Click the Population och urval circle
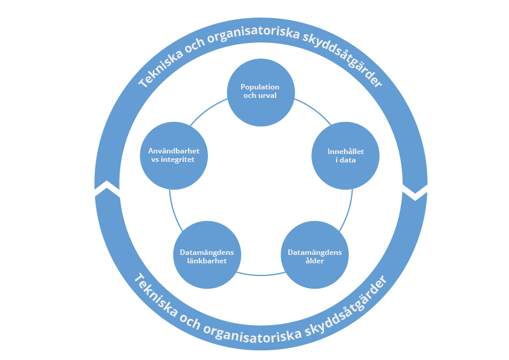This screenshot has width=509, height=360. [x=261, y=92]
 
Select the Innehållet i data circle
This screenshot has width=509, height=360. [x=345, y=155]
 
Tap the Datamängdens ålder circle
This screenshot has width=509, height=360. [x=314, y=256]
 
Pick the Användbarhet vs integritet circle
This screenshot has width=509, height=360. [x=174, y=155]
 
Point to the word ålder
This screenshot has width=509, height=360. [x=314, y=261]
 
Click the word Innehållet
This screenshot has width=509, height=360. [x=345, y=151]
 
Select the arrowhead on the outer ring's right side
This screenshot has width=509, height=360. [x=415, y=192]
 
